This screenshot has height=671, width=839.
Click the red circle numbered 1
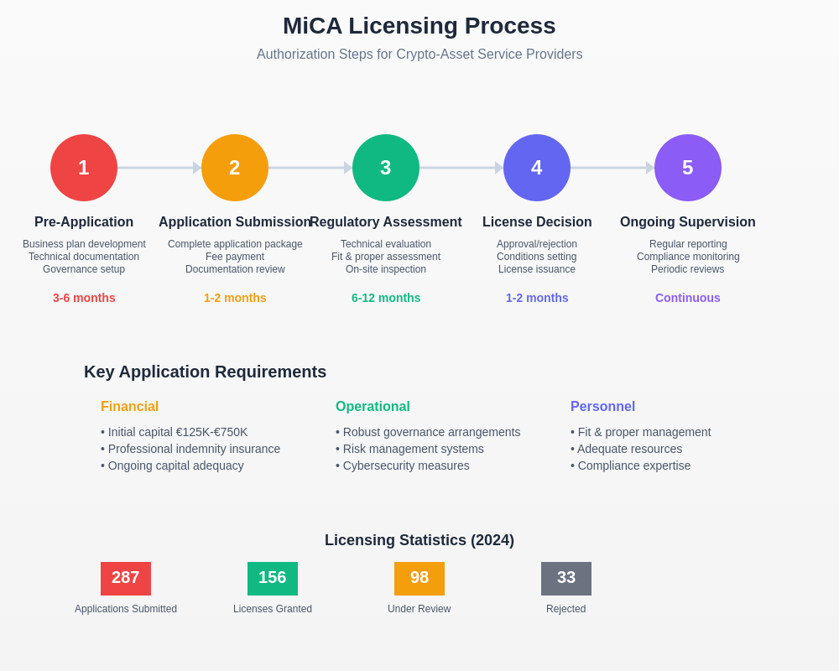click(84, 168)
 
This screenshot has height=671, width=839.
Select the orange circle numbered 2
click(235, 168)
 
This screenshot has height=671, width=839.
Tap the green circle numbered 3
click(386, 168)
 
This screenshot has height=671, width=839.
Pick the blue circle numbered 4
click(537, 168)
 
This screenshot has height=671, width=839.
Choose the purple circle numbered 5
click(688, 168)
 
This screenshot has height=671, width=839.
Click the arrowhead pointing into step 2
click(197, 168)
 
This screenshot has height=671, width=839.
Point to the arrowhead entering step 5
click(650, 168)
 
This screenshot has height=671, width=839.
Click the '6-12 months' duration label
click(386, 298)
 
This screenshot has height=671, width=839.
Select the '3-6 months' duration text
click(84, 298)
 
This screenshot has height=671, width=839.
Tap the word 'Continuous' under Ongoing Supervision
click(688, 298)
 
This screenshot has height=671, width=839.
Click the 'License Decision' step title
click(537, 222)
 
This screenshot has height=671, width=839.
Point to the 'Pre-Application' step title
click(84, 222)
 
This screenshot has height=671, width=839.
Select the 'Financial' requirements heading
click(129, 407)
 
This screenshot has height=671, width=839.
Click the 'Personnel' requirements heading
click(602, 407)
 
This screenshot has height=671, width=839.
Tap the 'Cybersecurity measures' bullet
click(403, 466)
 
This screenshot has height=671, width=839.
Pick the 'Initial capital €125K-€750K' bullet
click(175, 432)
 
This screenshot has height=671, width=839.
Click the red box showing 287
click(126, 579)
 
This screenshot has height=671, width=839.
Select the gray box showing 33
click(566, 579)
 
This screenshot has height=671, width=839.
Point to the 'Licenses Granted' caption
click(273, 609)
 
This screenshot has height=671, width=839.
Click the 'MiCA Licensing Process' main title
click(419, 26)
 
